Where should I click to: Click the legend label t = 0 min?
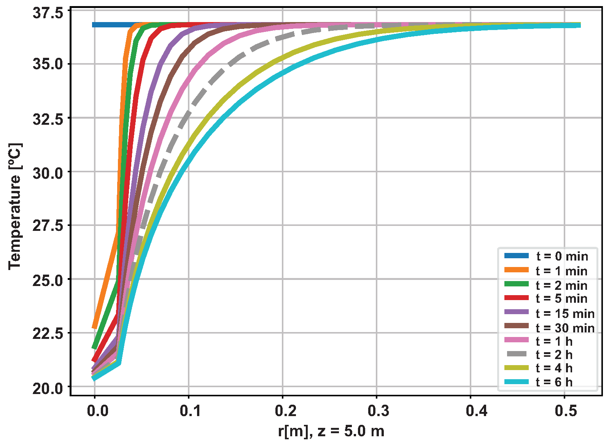(x=562, y=256)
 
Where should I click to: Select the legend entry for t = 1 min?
(x=562, y=271)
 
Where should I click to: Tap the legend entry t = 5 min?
(x=562, y=299)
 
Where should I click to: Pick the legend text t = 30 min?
(x=565, y=327)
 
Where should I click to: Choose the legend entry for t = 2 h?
(x=554, y=354)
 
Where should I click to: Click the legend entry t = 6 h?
(x=554, y=382)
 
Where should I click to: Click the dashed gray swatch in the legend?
(x=517, y=354)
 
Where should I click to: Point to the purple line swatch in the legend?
(x=517, y=312)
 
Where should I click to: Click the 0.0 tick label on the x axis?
(x=98, y=411)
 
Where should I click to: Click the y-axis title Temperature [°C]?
(x=15, y=207)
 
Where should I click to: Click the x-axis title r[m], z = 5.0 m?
(x=331, y=431)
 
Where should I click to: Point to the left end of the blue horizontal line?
(x=94, y=25)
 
